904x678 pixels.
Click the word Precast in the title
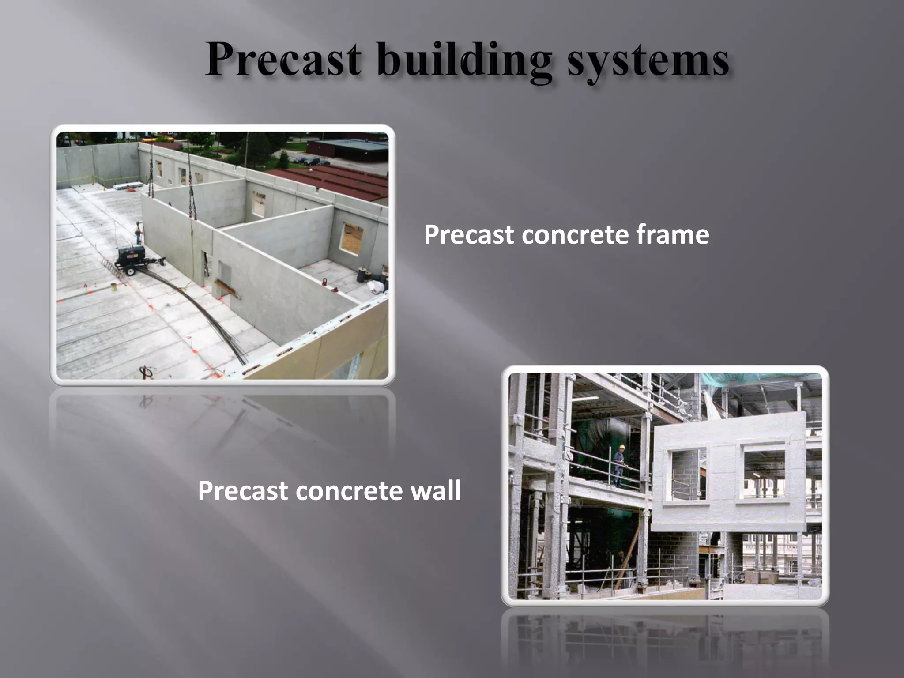(x=282, y=60)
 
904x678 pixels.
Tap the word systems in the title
(x=648, y=62)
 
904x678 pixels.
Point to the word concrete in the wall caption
(x=349, y=490)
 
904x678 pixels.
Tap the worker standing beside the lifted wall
(x=139, y=232)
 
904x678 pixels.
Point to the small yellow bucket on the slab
(x=113, y=286)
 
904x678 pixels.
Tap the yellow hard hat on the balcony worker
(x=621, y=447)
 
